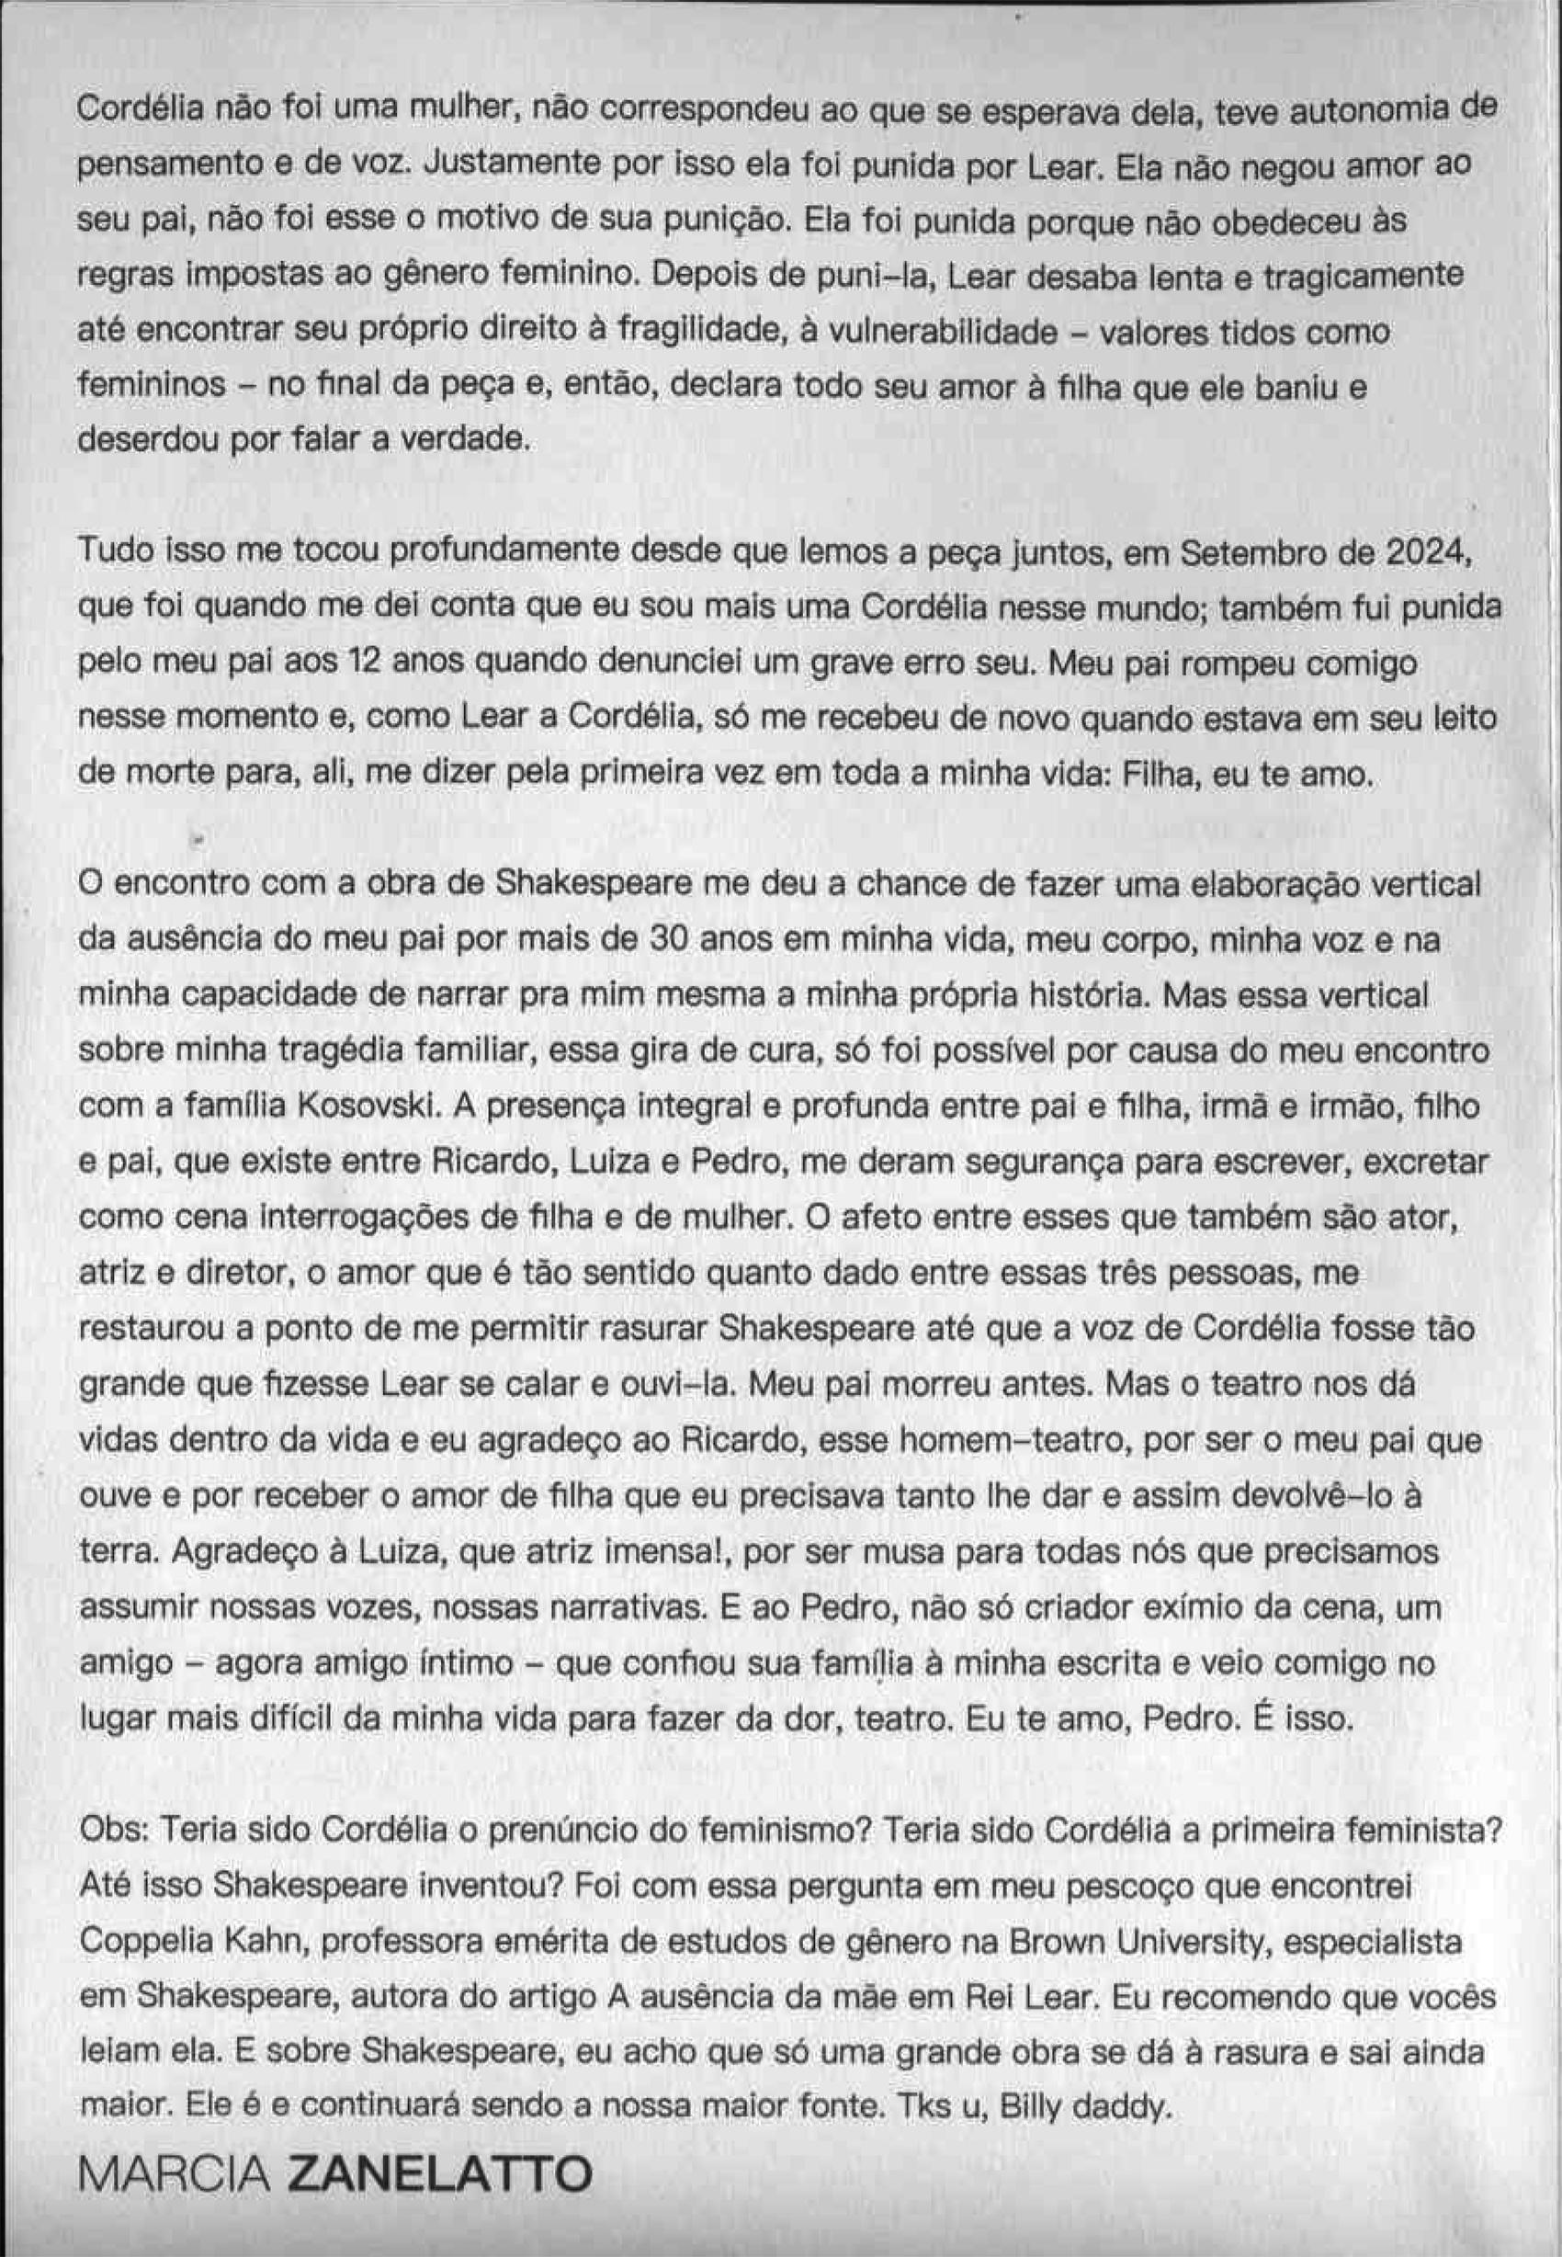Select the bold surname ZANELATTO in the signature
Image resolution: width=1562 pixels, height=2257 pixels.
coord(439,2168)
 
